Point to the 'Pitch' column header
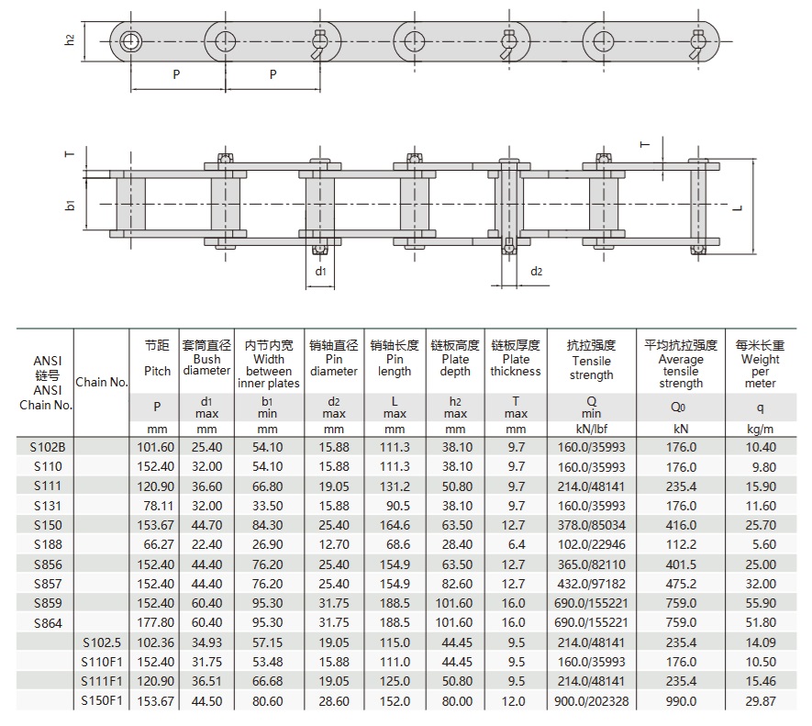point(158,371)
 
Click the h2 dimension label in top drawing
point(71,40)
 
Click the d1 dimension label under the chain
point(320,272)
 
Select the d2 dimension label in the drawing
point(538,272)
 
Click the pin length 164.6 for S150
point(395,525)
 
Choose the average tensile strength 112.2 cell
point(681,544)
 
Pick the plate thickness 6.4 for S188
point(516,544)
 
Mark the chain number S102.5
point(101,642)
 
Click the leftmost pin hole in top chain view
point(130,40)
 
